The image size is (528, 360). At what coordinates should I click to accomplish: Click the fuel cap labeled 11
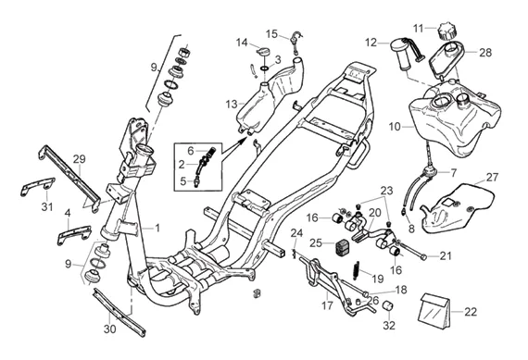446,31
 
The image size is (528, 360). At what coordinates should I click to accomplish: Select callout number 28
485,53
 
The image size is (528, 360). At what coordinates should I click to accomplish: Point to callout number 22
471,312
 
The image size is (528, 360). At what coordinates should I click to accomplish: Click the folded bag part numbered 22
434,310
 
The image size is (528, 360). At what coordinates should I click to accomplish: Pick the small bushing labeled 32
390,307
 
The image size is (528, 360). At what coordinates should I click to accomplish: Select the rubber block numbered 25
342,247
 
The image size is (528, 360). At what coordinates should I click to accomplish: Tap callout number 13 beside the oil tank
232,105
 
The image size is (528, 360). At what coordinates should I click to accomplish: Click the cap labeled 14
263,52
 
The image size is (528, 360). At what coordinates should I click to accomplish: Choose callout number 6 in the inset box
191,151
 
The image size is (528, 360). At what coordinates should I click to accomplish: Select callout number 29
79,159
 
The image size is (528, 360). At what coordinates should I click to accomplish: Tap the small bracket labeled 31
37,186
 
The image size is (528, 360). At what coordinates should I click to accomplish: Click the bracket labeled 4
74,234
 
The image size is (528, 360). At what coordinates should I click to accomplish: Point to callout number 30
109,329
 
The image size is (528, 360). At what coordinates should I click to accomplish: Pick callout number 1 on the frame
157,229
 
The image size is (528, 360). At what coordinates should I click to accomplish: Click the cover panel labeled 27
458,208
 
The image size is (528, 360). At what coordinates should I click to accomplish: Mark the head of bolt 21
423,257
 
